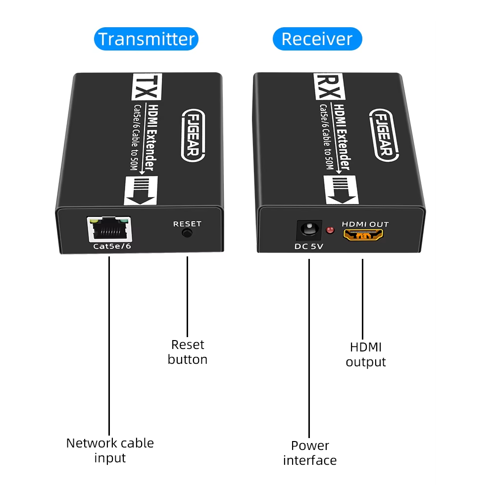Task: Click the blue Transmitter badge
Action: pyautogui.click(x=146, y=39)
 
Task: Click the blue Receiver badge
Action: pyautogui.click(x=317, y=39)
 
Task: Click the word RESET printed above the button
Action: pyautogui.click(x=187, y=224)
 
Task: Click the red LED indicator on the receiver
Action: pyautogui.click(x=330, y=230)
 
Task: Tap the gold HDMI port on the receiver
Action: pyautogui.click(x=363, y=235)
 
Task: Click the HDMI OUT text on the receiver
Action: pyautogui.click(x=366, y=224)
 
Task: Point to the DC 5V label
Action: pyautogui.click(x=309, y=247)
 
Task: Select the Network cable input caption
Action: pyautogui.click(x=110, y=450)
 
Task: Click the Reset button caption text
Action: pyautogui.click(x=188, y=351)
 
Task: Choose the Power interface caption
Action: pyautogui.click(x=310, y=452)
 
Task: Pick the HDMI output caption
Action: pyautogui.click(x=366, y=354)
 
